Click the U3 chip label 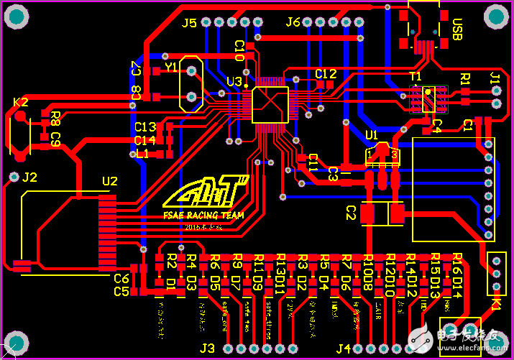click(x=234, y=82)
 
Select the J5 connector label click(x=189, y=23)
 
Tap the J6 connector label click(x=293, y=22)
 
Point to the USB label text click(x=457, y=30)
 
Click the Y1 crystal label click(x=171, y=67)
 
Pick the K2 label click(x=21, y=102)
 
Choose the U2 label click(x=109, y=181)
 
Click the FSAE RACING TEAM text click(x=203, y=215)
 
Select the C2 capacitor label click(x=352, y=213)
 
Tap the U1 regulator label click(x=371, y=134)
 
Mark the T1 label click(x=416, y=76)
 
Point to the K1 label click(x=497, y=305)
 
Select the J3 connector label click(x=207, y=349)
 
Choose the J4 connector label click(x=344, y=349)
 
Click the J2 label click(x=29, y=177)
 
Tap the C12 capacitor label click(x=326, y=73)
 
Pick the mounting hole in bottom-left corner click(x=17, y=341)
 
